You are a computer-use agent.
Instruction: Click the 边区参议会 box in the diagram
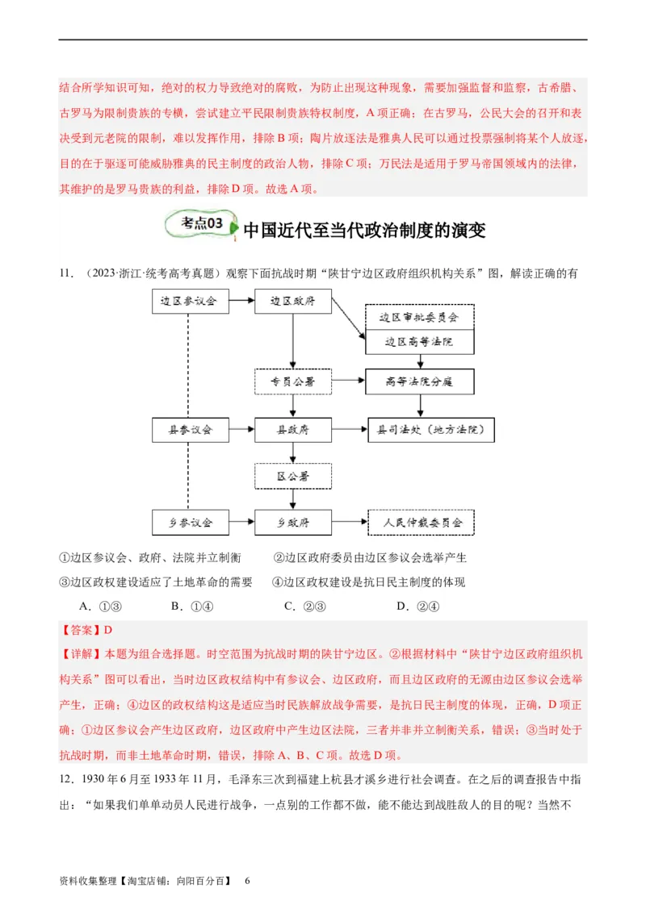click(x=190, y=302)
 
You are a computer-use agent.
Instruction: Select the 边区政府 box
click(x=292, y=302)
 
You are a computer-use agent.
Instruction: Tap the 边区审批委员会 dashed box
click(x=419, y=317)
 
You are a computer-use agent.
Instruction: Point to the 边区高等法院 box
click(x=419, y=342)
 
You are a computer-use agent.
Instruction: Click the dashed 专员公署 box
click(x=292, y=381)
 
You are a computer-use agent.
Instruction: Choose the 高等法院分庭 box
click(x=419, y=381)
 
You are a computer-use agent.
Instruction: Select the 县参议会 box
click(x=190, y=430)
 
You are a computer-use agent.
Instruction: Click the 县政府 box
click(x=292, y=430)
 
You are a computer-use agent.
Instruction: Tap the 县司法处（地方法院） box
click(x=430, y=430)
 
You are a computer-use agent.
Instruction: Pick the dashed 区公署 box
click(x=292, y=476)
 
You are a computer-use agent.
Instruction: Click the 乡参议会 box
click(x=190, y=522)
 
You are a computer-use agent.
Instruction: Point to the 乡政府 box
click(x=292, y=522)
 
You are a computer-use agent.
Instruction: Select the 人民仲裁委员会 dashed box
click(x=421, y=522)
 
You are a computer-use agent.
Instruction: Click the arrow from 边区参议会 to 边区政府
click(x=241, y=302)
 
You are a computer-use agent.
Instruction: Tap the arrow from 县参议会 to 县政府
click(x=241, y=430)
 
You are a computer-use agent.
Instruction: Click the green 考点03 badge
click(x=200, y=224)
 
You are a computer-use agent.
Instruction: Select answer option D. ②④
click(x=417, y=607)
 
